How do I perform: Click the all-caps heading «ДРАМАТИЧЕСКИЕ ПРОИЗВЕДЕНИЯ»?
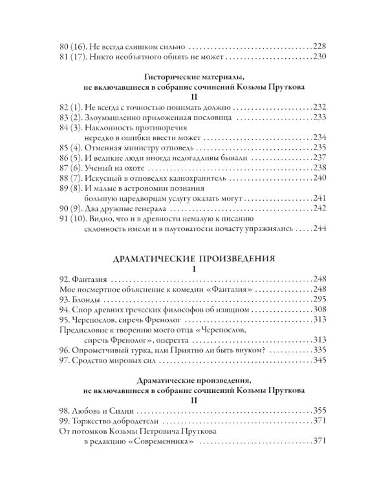pos(194,258)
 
